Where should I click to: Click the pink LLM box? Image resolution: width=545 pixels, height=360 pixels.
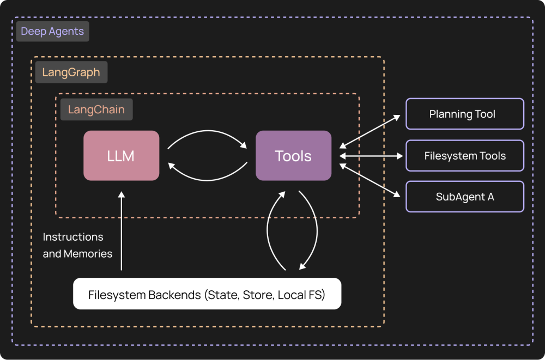coord(121,156)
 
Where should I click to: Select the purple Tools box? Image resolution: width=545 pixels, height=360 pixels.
coord(293,156)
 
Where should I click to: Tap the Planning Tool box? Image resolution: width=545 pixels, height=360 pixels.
coord(464,114)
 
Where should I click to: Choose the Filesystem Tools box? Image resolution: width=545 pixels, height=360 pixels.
coord(464,156)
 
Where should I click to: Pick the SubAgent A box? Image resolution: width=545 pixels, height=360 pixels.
coord(464,197)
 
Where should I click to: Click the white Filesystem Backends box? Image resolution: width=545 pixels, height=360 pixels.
coord(207,294)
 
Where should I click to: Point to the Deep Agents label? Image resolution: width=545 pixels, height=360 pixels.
coord(52,32)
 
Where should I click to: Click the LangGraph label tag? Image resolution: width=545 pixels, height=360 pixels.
coord(71,72)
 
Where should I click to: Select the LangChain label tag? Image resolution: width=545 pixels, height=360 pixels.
coord(96,109)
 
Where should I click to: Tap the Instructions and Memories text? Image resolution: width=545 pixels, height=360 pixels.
coord(77,245)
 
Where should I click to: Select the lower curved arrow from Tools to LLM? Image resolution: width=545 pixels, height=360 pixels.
coord(207,179)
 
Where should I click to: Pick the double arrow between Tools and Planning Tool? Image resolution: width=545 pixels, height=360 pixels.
coord(371,131)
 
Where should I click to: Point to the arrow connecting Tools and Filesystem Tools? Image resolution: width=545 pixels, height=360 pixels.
coord(371,156)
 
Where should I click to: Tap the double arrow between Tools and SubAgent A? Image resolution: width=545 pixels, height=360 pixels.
coord(371,180)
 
